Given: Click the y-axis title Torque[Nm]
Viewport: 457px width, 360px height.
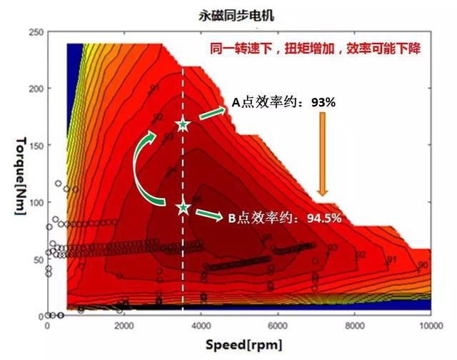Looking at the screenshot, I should click(x=19, y=176).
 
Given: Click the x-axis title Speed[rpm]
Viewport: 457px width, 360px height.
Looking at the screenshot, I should click(x=238, y=344).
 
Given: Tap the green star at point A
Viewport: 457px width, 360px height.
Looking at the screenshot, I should click(x=183, y=125).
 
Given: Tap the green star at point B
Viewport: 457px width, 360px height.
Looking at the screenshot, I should click(x=184, y=207).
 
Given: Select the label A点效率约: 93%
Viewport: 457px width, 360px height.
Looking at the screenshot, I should click(x=283, y=102).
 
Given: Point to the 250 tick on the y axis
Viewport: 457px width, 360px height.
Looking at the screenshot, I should click(x=34, y=32).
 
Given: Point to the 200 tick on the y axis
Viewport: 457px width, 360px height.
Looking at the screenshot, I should click(x=34, y=89).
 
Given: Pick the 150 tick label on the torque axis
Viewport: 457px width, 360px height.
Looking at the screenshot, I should click(x=34, y=146).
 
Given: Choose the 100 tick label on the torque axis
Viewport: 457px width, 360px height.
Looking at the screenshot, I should click(x=34, y=202).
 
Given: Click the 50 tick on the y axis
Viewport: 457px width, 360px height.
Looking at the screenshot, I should click(x=36, y=259).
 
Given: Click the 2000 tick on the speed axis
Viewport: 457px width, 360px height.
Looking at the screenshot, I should click(x=124, y=326).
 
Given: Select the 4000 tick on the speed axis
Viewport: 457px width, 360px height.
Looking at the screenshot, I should click(x=201, y=326).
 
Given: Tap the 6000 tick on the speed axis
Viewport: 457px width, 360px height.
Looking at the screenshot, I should click(x=277, y=326).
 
